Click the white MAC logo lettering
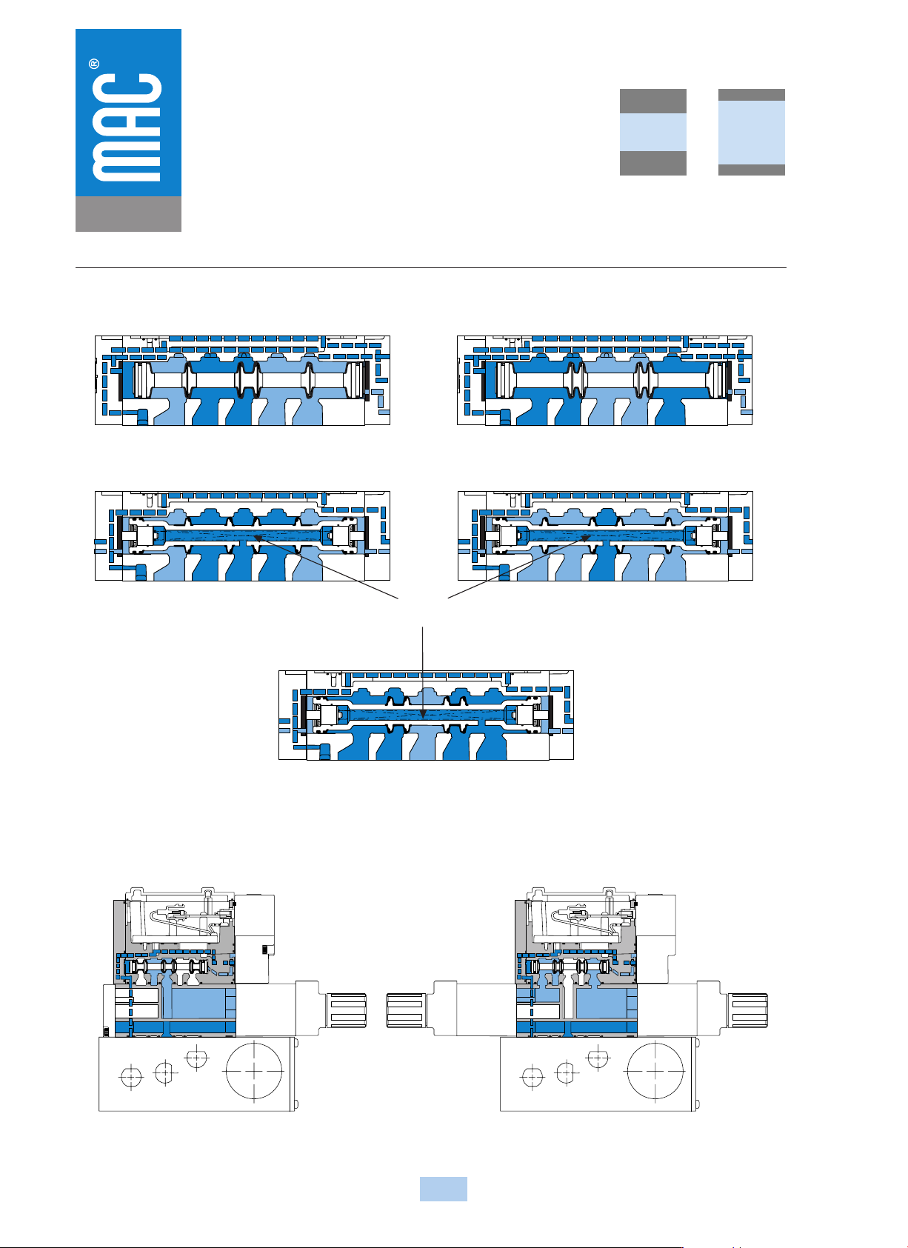click(x=127, y=127)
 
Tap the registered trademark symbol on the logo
click(x=95, y=64)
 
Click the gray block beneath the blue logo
click(x=128, y=213)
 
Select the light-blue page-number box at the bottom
click(x=444, y=1189)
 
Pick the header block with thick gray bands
click(x=653, y=132)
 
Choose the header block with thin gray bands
click(x=752, y=132)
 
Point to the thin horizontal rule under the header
click(x=430, y=268)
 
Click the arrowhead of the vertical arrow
click(x=423, y=714)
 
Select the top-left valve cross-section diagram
click(x=242, y=381)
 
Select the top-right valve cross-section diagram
click(x=605, y=381)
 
